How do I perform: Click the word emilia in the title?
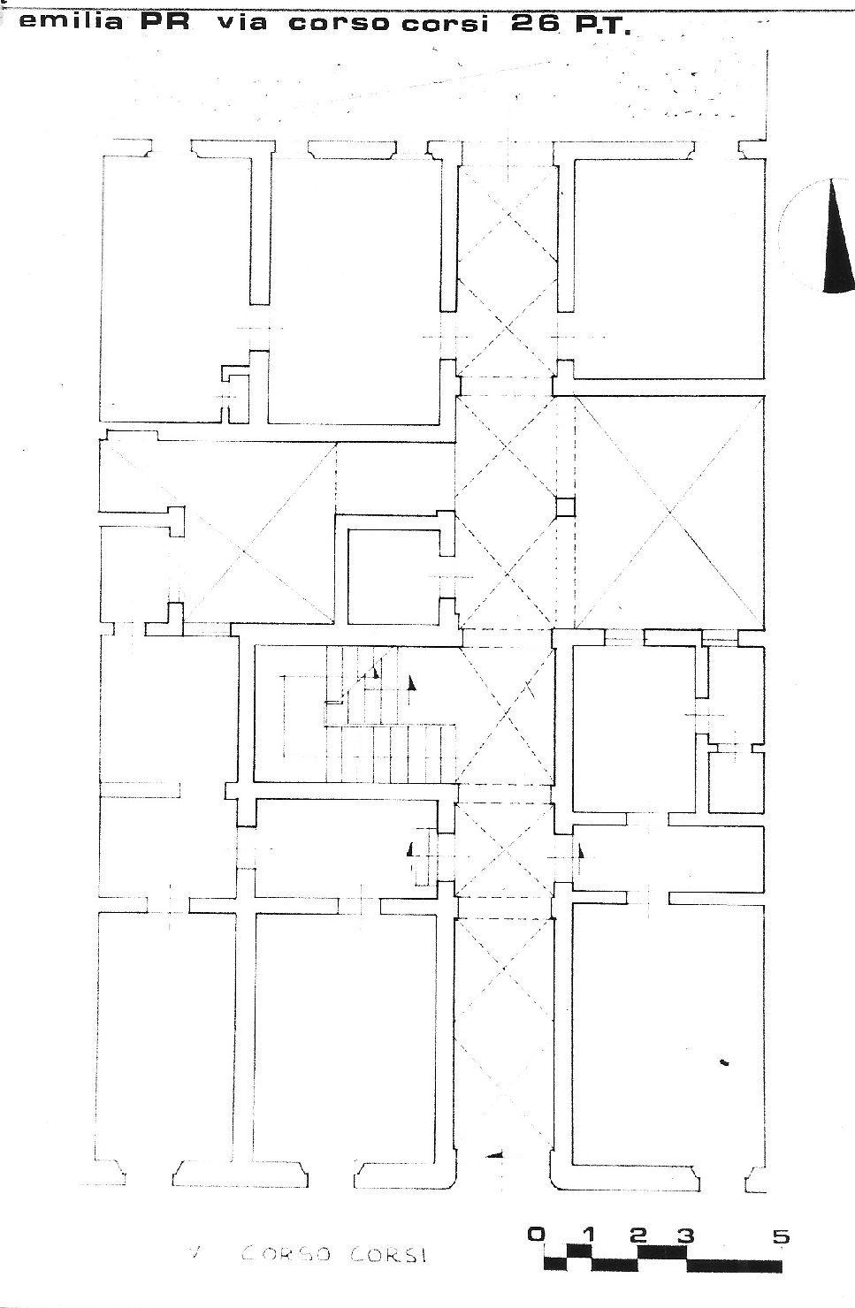click(x=71, y=22)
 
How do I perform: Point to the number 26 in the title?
click(x=535, y=23)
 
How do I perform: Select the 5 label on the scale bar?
click(x=781, y=1236)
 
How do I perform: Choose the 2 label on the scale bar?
click(x=639, y=1236)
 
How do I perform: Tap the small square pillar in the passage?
click(x=563, y=506)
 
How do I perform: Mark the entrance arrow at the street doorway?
click(x=495, y=1154)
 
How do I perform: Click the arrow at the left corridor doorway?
click(x=411, y=850)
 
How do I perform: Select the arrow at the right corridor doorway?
click(x=580, y=852)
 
